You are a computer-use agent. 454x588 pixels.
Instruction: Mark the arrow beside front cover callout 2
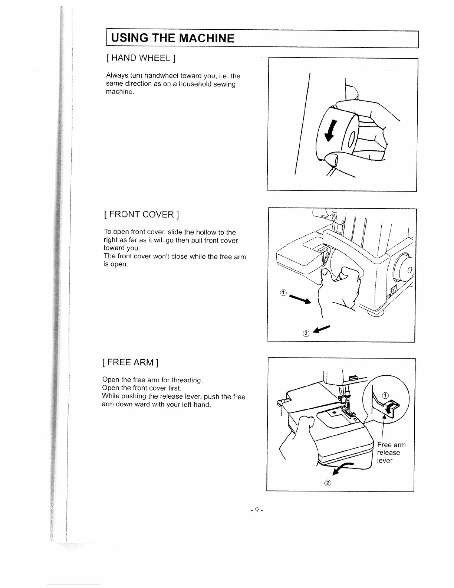(322, 329)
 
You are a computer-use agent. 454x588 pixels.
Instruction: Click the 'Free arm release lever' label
(391, 453)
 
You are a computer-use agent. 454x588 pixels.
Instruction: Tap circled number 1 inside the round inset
(385, 395)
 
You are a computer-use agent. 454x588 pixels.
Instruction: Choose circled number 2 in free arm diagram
(328, 483)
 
